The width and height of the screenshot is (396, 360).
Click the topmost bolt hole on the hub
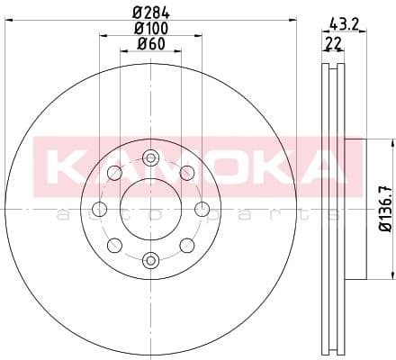(150, 159)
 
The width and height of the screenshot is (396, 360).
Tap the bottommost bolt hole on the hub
(150, 260)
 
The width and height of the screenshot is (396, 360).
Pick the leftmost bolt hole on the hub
(100, 210)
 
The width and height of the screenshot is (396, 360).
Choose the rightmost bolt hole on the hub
(201, 210)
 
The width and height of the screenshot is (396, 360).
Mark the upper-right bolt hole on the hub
(186, 174)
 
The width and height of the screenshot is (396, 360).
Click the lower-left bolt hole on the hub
(114, 245)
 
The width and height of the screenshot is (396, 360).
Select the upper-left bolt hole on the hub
(114, 174)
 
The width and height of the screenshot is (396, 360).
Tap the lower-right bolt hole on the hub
(186, 245)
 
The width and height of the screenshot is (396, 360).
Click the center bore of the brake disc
(150, 210)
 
